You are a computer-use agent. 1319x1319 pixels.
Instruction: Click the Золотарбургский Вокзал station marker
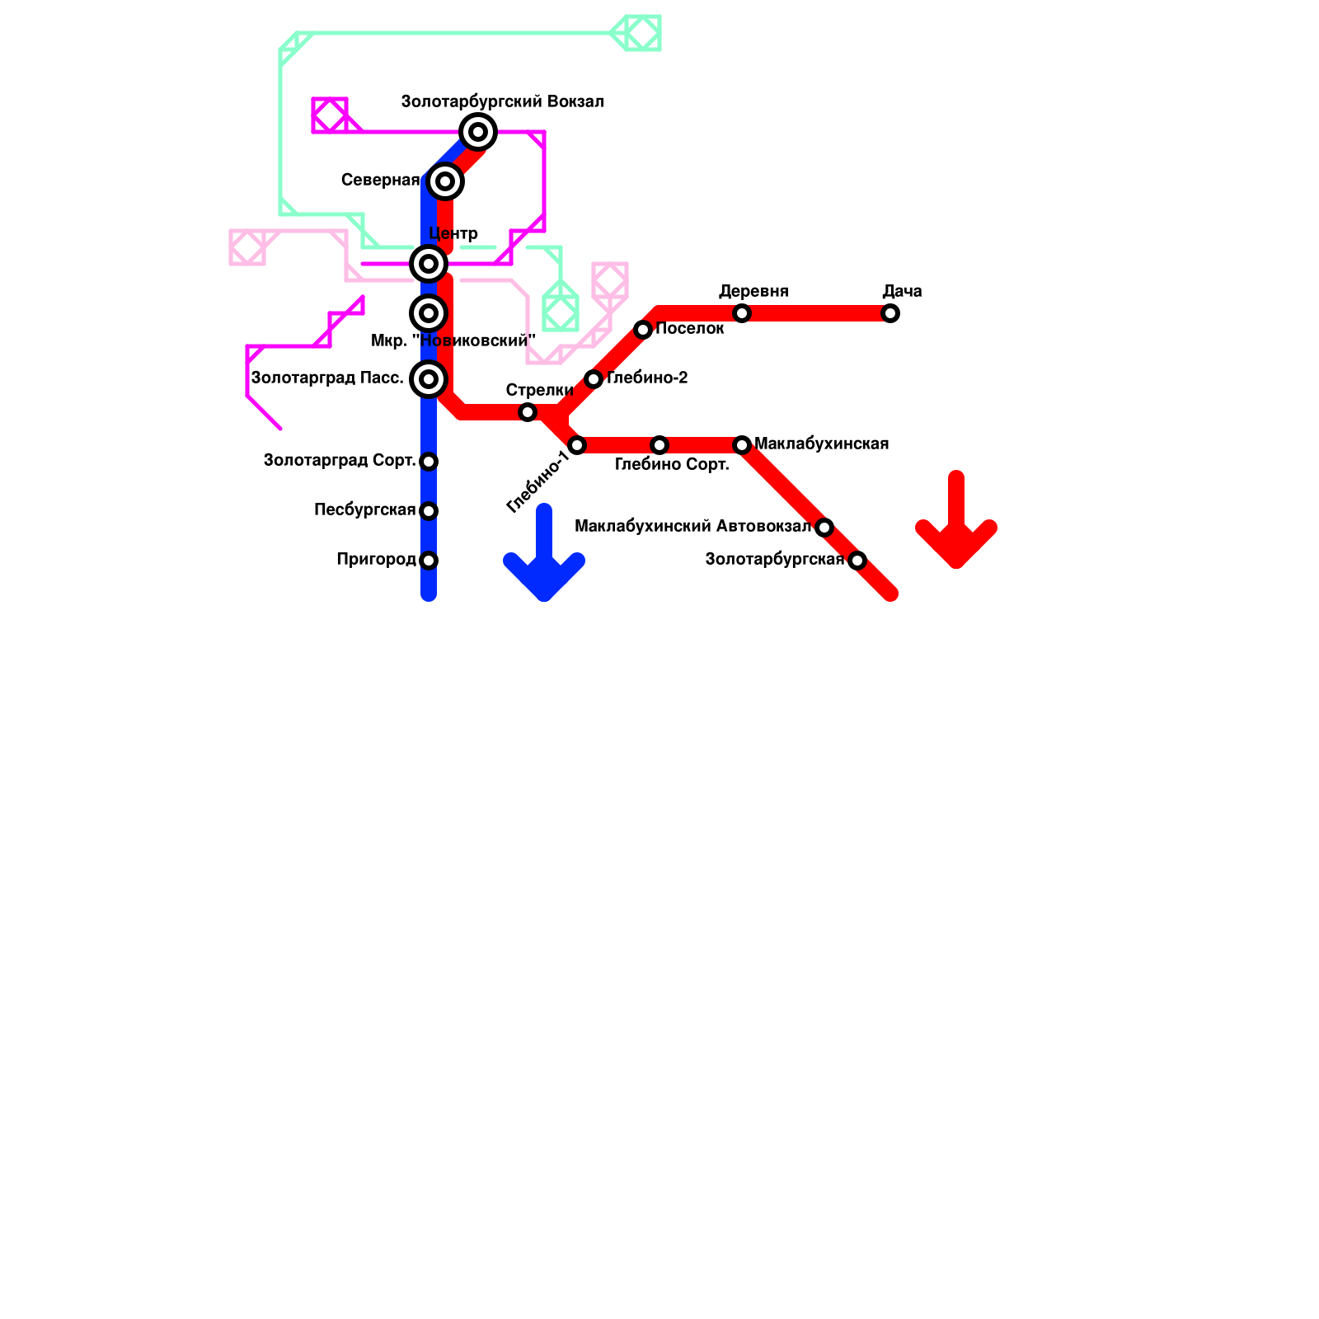[x=478, y=132]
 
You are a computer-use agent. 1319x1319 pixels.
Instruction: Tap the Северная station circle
[x=445, y=181]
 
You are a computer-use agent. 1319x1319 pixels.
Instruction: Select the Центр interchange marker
[x=429, y=264]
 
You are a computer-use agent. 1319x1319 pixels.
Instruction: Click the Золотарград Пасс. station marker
[x=429, y=379]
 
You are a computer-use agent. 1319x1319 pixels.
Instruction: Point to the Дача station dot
[x=890, y=313]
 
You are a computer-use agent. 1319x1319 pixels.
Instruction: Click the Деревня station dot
[x=742, y=313]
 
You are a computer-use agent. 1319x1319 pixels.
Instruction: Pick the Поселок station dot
[x=643, y=330]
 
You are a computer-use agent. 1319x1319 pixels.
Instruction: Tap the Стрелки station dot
[x=528, y=412]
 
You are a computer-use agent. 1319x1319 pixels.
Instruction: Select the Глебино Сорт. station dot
[x=659, y=445]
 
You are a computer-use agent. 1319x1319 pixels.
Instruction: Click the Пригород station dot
[x=429, y=561]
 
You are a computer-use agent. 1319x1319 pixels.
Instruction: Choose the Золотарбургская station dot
[x=857, y=561]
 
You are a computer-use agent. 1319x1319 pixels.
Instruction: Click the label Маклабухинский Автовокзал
[x=692, y=527]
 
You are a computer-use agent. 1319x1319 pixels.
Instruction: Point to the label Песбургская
[x=364, y=510]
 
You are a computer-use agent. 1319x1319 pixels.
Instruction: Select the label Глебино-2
[x=647, y=378]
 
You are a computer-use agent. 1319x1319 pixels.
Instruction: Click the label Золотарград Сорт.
[x=339, y=461]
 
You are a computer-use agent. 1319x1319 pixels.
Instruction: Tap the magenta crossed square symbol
[x=330, y=115]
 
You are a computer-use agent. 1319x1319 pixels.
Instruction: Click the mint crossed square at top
[x=643, y=33]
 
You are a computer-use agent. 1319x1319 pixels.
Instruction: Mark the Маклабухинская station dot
[x=742, y=445]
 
